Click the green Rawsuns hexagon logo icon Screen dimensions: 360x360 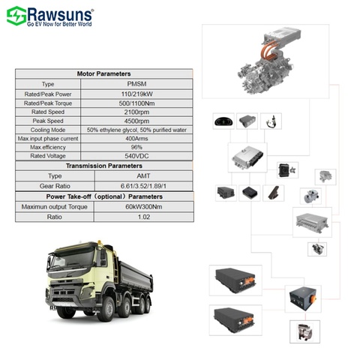click(16, 16)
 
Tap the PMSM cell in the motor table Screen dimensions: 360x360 click(136, 84)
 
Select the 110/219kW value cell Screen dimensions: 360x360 click(136, 94)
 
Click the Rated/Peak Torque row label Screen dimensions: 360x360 click(48, 103)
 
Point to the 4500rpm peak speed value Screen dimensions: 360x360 click(136, 121)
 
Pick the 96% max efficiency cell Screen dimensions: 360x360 click(136, 147)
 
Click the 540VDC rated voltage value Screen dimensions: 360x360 click(136, 156)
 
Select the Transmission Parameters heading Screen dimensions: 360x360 click(104, 166)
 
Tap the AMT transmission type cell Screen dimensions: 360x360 click(143, 176)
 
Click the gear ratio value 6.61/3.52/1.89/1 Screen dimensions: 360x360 click(143, 186)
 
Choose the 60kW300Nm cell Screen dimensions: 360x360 click(144, 207)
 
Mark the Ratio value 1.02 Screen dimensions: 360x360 click(144, 217)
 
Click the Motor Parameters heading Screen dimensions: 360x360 click(104, 73)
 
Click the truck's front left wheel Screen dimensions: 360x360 click(66, 312)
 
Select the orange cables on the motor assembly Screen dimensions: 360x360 click(269, 50)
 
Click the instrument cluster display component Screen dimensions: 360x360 click(223, 121)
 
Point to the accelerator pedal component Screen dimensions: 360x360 click(274, 193)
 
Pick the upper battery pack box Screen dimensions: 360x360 click(235, 280)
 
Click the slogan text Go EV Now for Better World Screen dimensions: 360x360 click(59, 24)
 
